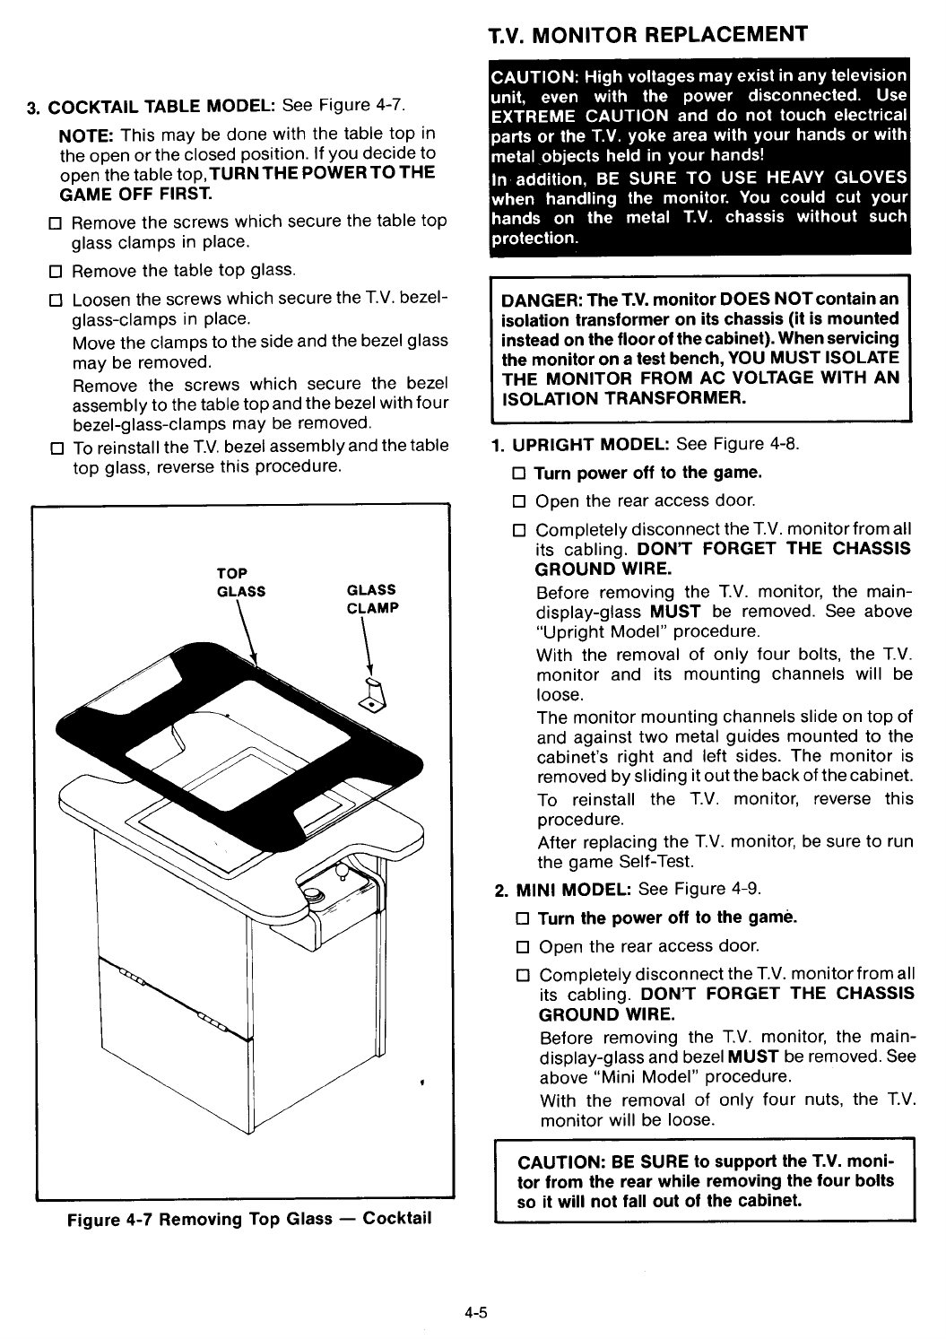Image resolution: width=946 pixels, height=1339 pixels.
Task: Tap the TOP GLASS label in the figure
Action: coord(240,582)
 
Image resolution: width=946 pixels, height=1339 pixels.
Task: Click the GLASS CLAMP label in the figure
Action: coord(371,598)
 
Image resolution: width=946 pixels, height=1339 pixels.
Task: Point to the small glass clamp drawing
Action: coord(370,694)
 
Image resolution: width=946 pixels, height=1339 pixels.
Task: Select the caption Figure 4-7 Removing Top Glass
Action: coord(249,1219)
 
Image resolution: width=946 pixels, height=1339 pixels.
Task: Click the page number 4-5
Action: coord(474,1313)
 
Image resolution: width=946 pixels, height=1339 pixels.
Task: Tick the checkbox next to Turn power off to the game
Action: coord(517,473)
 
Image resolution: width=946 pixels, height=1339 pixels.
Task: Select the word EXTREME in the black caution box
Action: coord(534,116)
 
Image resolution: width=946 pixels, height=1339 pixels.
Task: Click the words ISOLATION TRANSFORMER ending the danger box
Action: coord(623,398)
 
